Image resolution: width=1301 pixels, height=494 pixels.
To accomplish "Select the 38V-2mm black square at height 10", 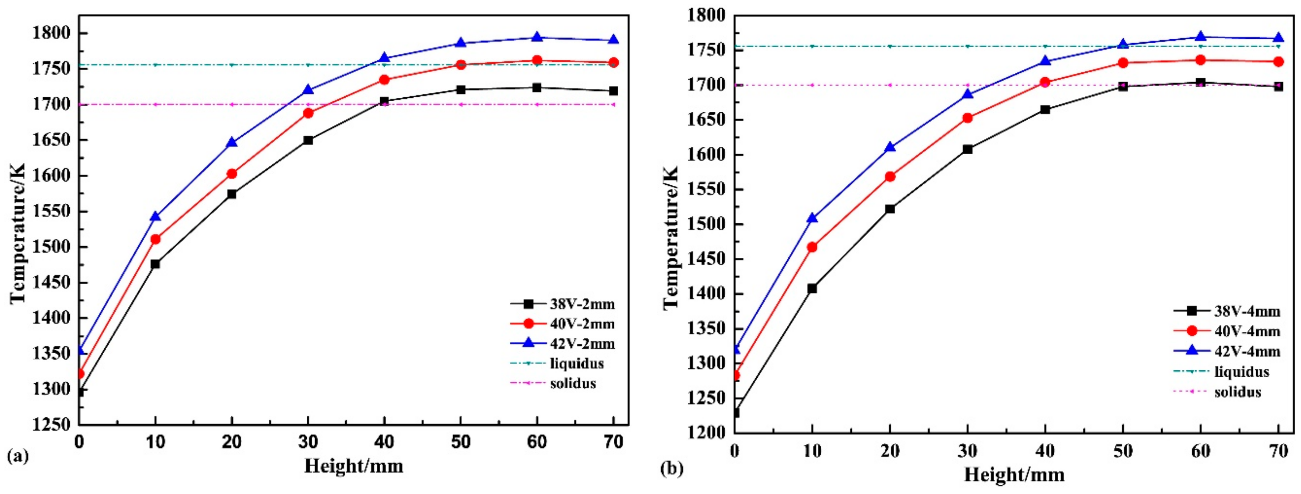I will point(155,264).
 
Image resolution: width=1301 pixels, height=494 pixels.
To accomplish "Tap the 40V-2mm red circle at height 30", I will point(308,113).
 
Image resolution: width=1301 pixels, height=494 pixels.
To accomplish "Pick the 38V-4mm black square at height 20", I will point(890,209).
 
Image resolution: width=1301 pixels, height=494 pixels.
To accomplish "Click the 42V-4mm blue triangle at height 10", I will point(812,218).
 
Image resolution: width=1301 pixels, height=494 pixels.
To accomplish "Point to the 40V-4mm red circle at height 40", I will point(1045,82).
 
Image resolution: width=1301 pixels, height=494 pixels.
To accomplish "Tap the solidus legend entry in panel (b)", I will point(1238,392).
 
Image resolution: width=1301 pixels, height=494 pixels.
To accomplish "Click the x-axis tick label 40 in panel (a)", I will point(384,442).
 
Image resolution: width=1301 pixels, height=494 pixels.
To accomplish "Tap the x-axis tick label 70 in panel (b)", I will point(1279,451).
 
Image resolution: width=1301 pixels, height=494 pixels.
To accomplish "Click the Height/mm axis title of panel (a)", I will point(353,466).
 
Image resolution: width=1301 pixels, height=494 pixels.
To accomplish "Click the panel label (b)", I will point(672,469).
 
